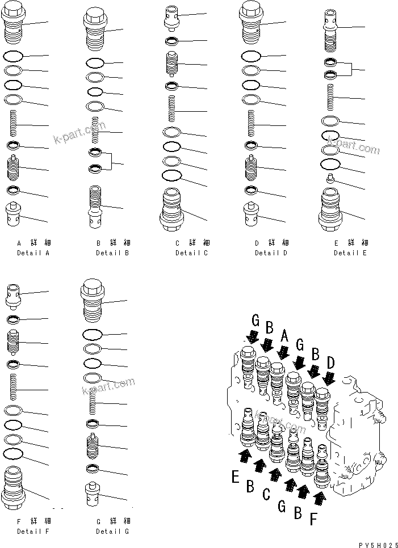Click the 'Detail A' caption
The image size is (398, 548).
[33, 252]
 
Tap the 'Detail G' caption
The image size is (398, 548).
[112, 531]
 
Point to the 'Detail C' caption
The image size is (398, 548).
[191, 252]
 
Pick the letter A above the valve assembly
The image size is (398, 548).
[285, 338]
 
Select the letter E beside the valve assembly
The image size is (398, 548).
[235, 477]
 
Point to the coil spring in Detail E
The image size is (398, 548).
[330, 98]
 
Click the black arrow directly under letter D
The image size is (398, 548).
[328, 377]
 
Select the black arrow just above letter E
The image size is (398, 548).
[244, 456]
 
